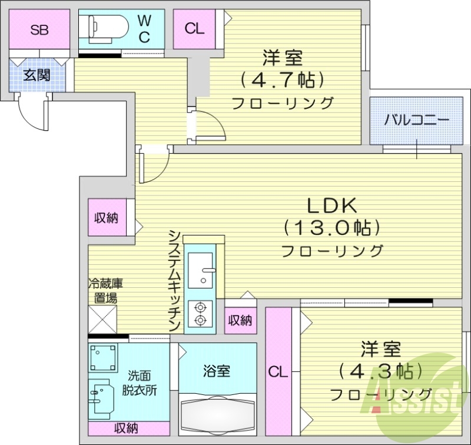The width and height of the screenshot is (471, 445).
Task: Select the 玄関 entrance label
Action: tap(36, 75)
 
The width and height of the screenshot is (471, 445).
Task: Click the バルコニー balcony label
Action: tap(417, 121)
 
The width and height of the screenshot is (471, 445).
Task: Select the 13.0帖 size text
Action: tap(331, 227)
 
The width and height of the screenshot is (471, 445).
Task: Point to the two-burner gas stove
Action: tap(201, 313)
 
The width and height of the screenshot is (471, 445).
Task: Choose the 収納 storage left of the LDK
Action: tap(107, 218)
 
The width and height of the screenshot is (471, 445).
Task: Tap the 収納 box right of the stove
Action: tap(240, 320)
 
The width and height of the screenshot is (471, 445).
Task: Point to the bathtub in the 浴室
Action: tap(217, 417)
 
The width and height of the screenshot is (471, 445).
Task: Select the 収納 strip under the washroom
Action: tap(127, 428)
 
